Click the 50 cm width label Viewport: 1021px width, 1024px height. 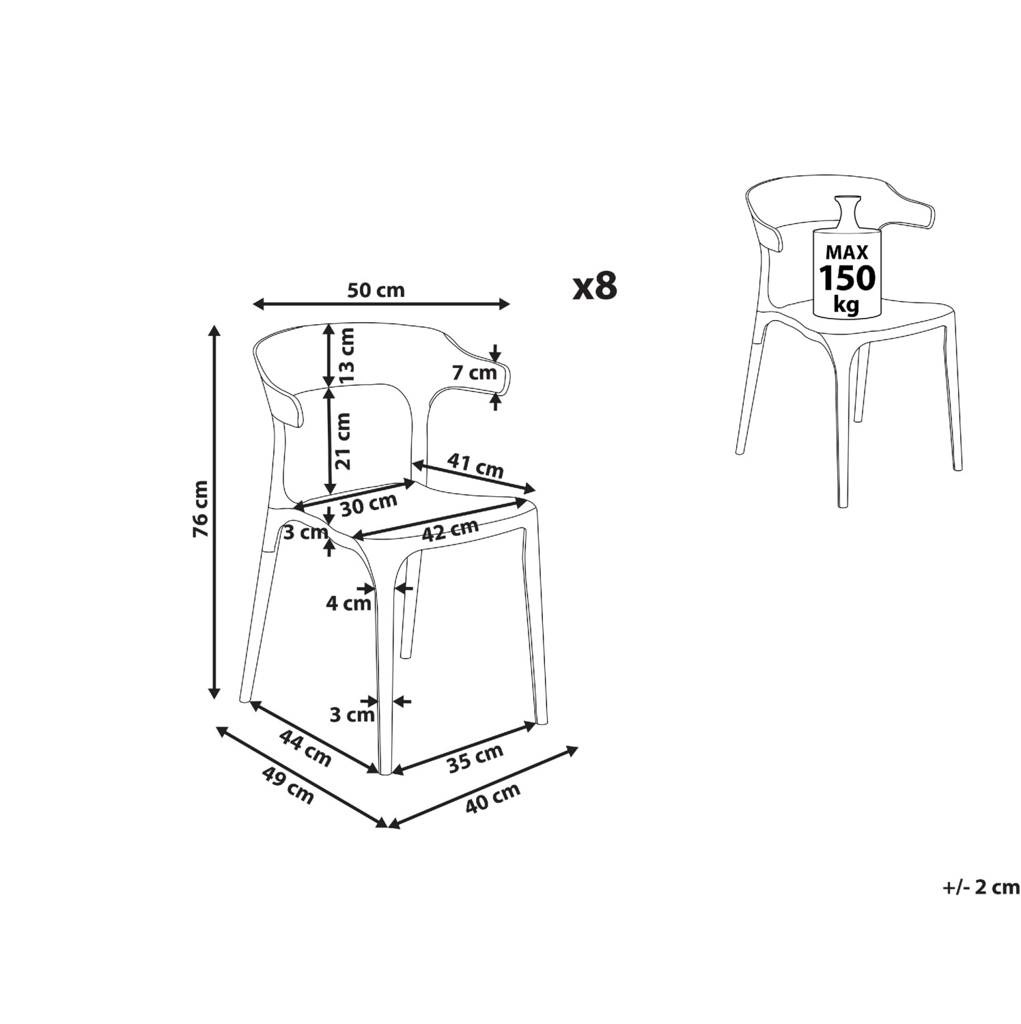point(376,290)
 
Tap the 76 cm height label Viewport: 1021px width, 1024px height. point(201,509)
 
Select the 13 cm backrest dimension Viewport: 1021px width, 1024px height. point(347,354)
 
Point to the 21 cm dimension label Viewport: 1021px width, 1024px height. point(344,440)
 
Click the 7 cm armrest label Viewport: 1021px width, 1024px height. point(474,373)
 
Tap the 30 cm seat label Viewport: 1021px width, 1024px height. point(369,504)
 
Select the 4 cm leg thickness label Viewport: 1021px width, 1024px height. point(348,603)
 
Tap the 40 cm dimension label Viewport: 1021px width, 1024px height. point(492,797)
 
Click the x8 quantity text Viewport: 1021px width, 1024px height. point(595,286)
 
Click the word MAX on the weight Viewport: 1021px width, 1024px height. point(847,251)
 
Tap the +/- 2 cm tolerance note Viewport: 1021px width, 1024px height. point(980,887)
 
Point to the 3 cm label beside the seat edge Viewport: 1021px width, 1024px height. point(306,532)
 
